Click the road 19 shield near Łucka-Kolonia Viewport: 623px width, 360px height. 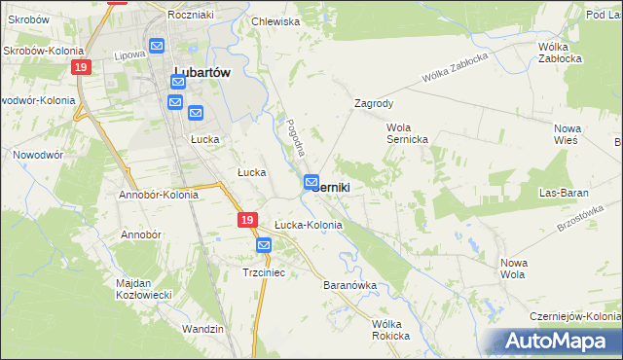click(x=247, y=222)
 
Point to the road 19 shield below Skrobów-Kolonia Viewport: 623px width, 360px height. click(x=80, y=66)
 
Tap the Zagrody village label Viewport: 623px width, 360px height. click(x=374, y=102)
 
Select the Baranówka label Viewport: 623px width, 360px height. click(x=348, y=286)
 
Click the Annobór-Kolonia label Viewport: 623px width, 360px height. click(x=159, y=195)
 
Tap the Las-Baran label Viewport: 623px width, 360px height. click(x=568, y=194)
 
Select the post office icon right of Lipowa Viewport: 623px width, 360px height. click(x=157, y=46)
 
